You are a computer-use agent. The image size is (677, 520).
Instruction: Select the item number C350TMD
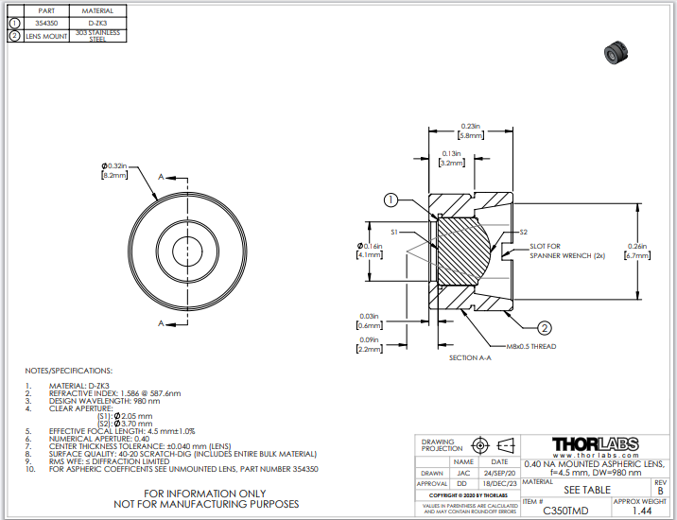(x=566, y=510)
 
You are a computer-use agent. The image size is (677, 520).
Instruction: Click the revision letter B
(x=659, y=491)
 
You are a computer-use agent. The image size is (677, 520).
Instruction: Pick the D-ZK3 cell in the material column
(x=91, y=22)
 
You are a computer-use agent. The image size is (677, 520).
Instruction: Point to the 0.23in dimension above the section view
(x=470, y=127)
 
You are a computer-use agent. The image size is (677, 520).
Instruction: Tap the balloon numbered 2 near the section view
(x=545, y=329)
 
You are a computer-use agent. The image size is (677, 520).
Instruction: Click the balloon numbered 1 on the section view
(x=391, y=200)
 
